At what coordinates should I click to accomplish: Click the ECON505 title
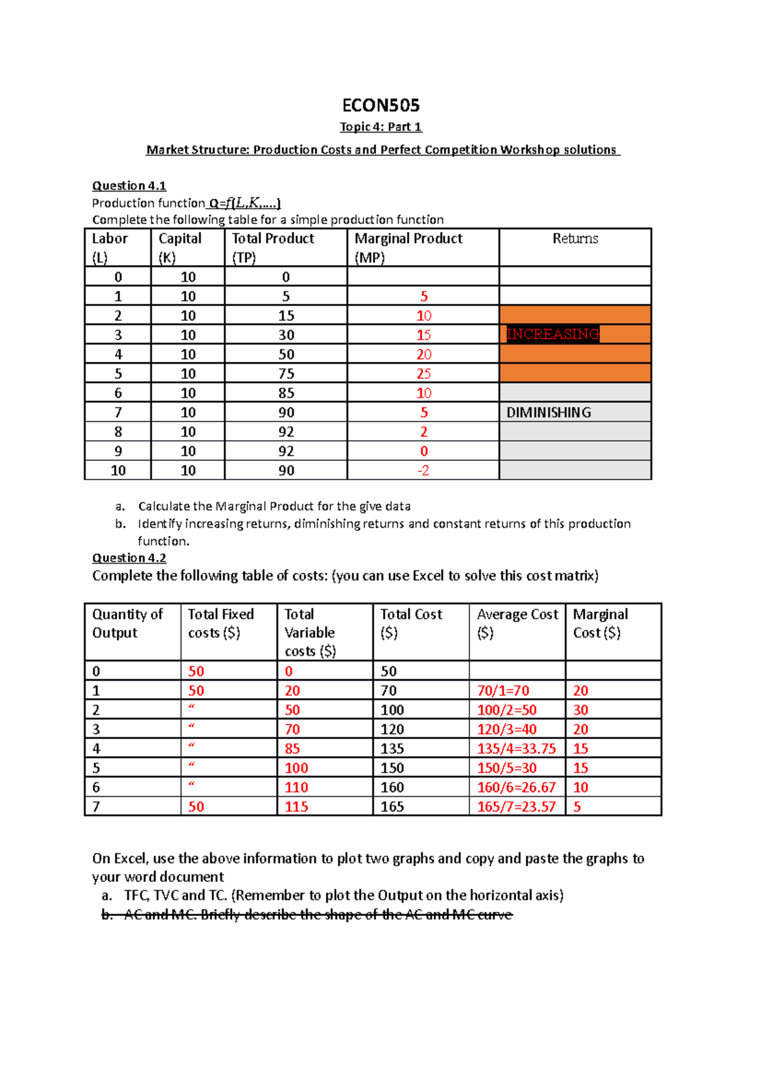[x=380, y=105]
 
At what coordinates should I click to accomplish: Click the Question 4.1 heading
[x=129, y=186]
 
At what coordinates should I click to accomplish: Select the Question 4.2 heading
[x=129, y=558]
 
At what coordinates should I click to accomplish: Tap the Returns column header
[x=575, y=238]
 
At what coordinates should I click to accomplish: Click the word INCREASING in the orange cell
[x=552, y=334]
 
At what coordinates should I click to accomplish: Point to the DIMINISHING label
[x=549, y=413]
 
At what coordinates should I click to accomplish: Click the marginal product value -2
[x=424, y=471]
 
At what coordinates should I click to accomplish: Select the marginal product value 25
[x=424, y=374]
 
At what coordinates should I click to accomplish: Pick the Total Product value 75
[x=286, y=374]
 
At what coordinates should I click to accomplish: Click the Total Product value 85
[x=286, y=393]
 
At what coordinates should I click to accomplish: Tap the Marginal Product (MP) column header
[x=408, y=247]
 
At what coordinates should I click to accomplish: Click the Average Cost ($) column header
[x=517, y=623]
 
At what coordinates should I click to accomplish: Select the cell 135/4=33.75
[x=516, y=749]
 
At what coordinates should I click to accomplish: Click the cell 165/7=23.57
[x=516, y=807]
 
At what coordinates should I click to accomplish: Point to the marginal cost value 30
[x=580, y=710]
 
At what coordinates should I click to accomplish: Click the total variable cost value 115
[x=296, y=807]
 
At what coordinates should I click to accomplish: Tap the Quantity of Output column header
[x=127, y=623]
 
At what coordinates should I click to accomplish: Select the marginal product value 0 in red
[x=424, y=452]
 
